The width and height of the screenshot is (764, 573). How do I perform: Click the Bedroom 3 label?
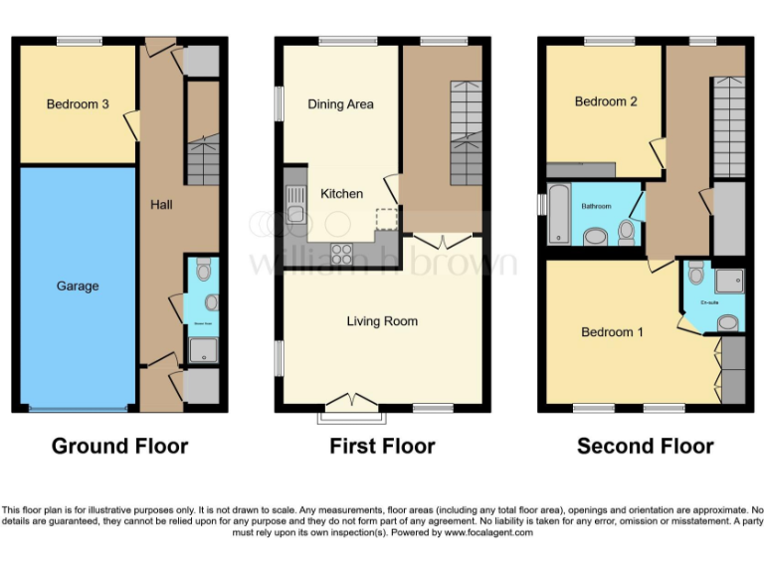(78, 104)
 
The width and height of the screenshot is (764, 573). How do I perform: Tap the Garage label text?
(78, 286)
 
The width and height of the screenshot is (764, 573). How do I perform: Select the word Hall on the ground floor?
(161, 205)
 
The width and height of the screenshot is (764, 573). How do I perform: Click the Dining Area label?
(340, 104)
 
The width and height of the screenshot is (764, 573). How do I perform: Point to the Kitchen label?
(341, 193)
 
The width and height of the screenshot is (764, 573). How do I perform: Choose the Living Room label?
(382, 321)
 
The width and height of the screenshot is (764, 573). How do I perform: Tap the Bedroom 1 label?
(612, 332)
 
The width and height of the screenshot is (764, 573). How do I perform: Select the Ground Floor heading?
(119, 446)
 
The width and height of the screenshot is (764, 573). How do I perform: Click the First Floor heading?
(382, 446)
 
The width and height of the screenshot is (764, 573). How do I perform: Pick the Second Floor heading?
(645, 446)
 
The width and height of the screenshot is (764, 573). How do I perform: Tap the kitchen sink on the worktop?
(294, 209)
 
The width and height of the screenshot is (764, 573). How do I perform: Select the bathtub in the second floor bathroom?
(558, 213)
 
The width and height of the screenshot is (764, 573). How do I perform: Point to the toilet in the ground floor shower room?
(204, 270)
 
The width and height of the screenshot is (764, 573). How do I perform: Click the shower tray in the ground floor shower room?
(203, 348)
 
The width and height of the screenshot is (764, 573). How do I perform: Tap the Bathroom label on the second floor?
(597, 206)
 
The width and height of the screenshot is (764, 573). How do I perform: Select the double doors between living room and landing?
(442, 242)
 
